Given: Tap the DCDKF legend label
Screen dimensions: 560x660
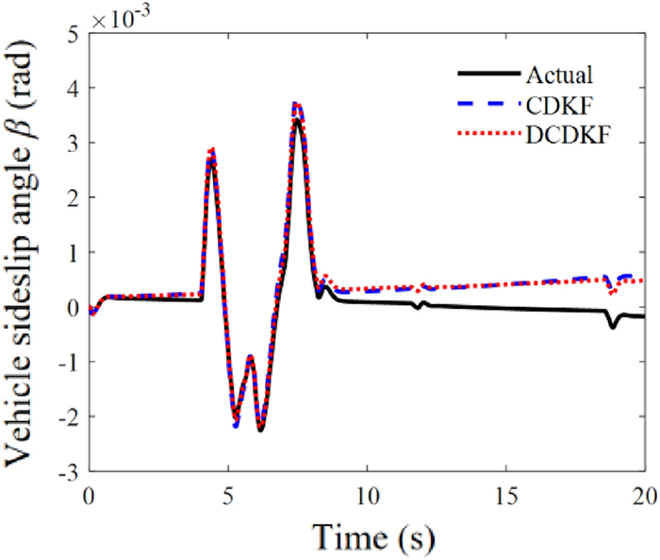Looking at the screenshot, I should click(x=564, y=135).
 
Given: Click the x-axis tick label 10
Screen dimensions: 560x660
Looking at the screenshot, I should click(x=366, y=496).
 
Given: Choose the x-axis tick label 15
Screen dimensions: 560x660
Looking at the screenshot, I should click(x=505, y=496).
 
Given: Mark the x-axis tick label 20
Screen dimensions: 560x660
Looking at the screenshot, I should click(x=643, y=496).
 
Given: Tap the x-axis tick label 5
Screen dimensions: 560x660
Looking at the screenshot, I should click(x=228, y=496).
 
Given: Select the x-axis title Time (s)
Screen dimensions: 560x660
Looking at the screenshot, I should click(x=368, y=535).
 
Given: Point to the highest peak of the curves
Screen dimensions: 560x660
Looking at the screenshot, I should click(x=297, y=104).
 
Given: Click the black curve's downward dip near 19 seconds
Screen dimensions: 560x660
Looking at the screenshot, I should click(x=613, y=326).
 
